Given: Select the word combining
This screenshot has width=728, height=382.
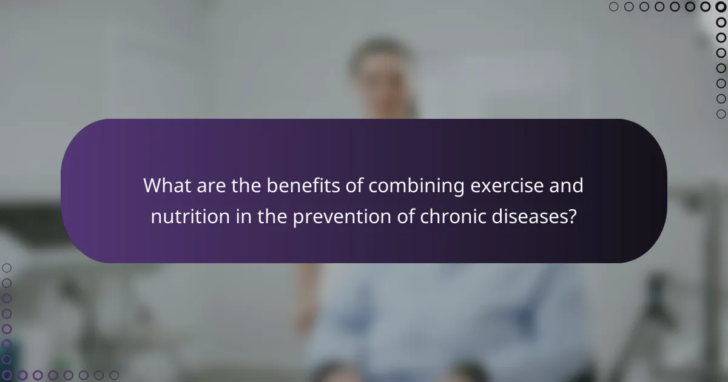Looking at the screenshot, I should [413, 186].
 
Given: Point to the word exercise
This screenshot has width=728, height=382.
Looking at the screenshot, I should [508, 186].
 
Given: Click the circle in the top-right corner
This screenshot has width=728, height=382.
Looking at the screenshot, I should [721, 7].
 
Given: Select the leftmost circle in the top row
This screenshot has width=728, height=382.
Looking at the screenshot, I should [613, 7].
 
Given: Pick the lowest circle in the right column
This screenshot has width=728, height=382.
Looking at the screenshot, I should [721, 114].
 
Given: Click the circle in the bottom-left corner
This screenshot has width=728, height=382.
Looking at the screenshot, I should [7, 375].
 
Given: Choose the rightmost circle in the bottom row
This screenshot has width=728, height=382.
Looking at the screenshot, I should [114, 375].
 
